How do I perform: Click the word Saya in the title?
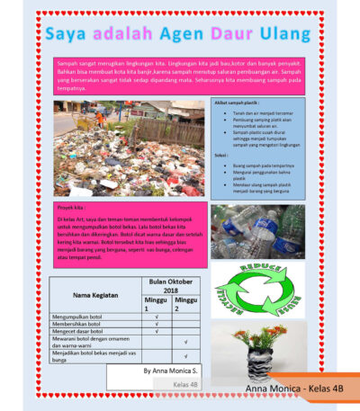click(x=66, y=35)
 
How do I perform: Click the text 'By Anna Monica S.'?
click(x=170, y=370)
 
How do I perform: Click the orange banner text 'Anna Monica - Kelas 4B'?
click(x=293, y=388)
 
